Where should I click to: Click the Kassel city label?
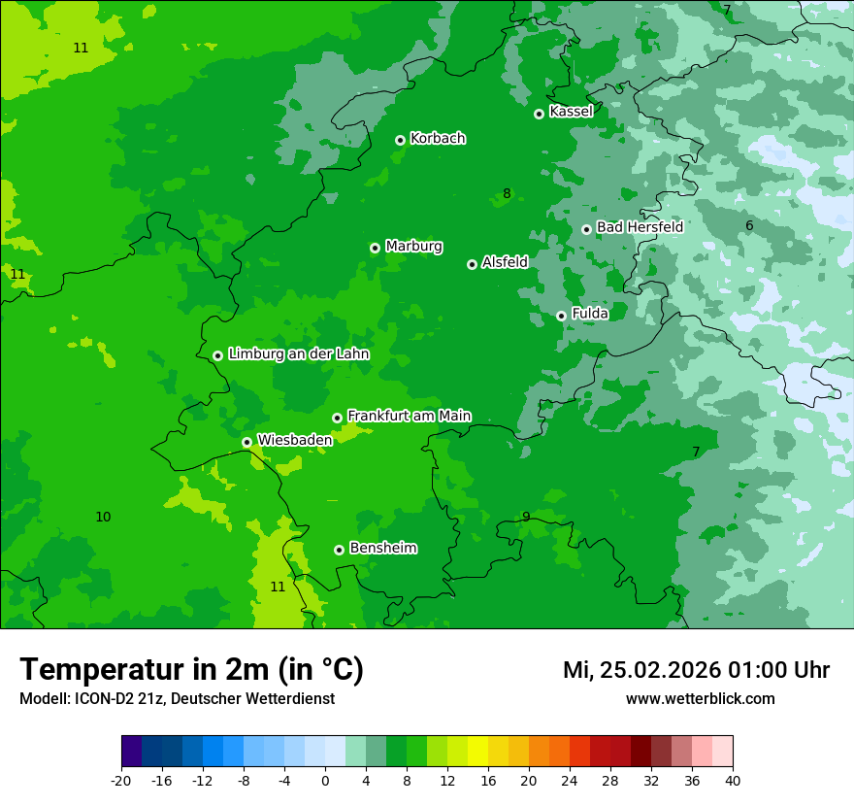pyautogui.click(x=571, y=112)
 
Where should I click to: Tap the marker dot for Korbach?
pyautogui.click(x=400, y=140)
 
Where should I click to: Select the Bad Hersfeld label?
pyautogui.click(x=640, y=227)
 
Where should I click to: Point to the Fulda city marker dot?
pyautogui.click(x=561, y=316)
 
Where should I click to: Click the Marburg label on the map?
pyautogui.click(x=413, y=247)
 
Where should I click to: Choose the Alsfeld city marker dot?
pyautogui.click(x=472, y=264)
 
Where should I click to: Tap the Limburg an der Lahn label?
pyautogui.click(x=298, y=354)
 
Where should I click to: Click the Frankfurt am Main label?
pyautogui.click(x=409, y=416)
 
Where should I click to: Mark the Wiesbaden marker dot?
pyautogui.click(x=246, y=442)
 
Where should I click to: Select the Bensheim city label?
pyautogui.click(x=382, y=548)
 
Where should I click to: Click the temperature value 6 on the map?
pyautogui.click(x=749, y=226)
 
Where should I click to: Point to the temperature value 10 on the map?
pyautogui.click(x=103, y=517)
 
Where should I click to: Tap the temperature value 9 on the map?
pyautogui.click(x=526, y=517)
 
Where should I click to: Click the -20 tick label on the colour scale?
pyautogui.click(x=121, y=781)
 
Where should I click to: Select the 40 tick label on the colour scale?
pyautogui.click(x=733, y=781)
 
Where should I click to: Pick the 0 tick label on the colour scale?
pyautogui.click(x=325, y=781)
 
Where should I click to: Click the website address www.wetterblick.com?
pyautogui.click(x=700, y=699)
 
